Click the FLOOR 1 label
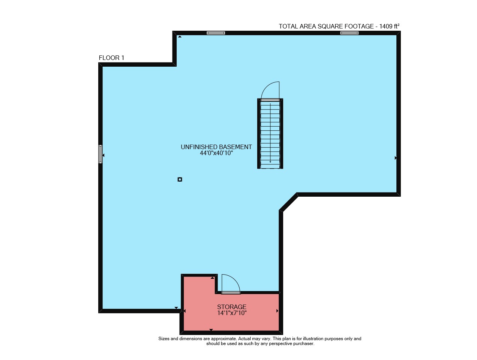pos(111,58)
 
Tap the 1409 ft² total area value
pos(389,26)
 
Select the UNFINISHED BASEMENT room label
pos(216,147)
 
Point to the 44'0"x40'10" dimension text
pos(216,153)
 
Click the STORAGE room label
pos(232,307)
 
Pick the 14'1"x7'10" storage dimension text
pos(232,313)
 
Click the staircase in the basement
pos(270,134)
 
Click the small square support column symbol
pos(180,179)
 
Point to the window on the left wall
pos(100,154)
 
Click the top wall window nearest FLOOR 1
pos(216,33)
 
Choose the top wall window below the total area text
pos(349,33)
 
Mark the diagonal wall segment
pos(288,202)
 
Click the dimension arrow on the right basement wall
pos(396,158)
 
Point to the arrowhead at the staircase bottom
pos(270,162)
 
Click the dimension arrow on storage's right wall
pos(277,311)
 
